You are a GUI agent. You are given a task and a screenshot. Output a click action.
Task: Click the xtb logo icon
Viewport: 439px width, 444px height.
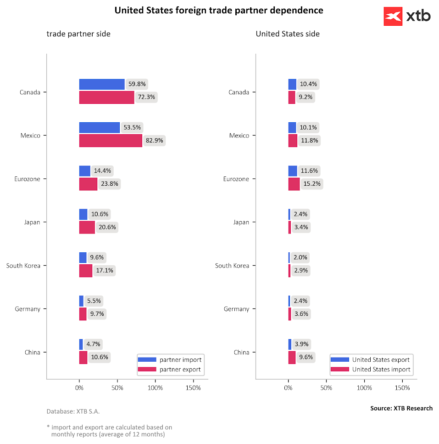coord(393,17)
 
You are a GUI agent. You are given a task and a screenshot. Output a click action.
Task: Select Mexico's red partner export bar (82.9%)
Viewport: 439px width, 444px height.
coord(111,141)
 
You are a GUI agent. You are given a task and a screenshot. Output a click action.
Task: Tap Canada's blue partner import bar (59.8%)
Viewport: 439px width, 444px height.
coord(102,84)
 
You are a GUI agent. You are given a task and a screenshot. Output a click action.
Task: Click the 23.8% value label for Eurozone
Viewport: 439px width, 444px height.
coord(109,184)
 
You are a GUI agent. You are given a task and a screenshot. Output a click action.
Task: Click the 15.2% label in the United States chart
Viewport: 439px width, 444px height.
coord(311,184)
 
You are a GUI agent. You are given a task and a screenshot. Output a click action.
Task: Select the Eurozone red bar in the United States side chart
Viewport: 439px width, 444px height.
coord(294,184)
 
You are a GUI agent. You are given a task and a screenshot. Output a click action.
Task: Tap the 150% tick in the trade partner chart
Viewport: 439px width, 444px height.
coord(193,388)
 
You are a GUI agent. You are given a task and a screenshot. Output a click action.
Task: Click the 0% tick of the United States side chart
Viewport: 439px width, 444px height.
coord(288,388)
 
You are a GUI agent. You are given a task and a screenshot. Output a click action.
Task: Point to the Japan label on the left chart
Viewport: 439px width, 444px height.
coord(32,222)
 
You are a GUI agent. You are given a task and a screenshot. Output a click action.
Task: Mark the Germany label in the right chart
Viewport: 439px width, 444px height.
coord(236,309)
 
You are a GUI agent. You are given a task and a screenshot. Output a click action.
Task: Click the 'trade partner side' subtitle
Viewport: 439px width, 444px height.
coord(78,34)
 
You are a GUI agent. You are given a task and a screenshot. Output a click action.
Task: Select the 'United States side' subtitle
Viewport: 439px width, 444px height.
coord(288,34)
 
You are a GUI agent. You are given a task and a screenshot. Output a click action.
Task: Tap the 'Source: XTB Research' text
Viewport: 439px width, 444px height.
coord(401,408)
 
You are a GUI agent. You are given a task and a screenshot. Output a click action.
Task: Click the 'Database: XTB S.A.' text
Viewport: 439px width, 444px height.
coord(73,411)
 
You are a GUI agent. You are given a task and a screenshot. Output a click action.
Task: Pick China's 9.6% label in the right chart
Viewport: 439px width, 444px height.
coord(306,357)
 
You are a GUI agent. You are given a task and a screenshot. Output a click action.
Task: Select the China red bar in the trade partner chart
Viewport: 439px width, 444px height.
coord(83,358)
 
